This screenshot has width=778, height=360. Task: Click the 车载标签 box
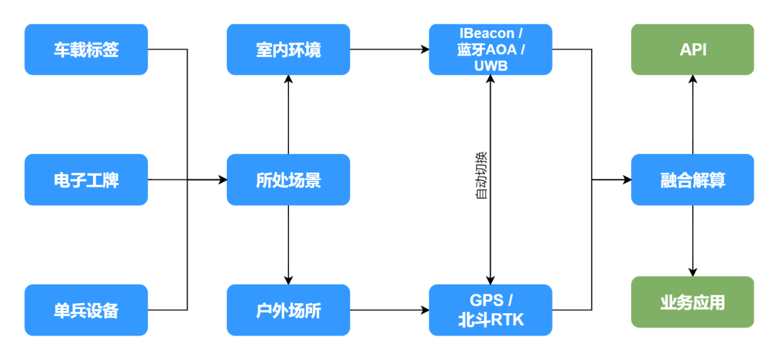point(86,50)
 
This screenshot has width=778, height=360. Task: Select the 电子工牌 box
point(86,179)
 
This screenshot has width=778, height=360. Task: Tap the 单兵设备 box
point(86,310)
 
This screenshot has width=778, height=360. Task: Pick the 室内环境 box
point(288,50)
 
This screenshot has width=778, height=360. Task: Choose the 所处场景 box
point(288,179)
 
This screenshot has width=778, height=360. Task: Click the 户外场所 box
point(288,310)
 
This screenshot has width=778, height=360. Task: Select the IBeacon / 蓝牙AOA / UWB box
point(491,50)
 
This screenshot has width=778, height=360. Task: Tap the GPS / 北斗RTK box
point(491,310)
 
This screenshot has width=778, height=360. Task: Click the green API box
point(692,50)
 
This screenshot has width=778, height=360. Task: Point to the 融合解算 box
point(692,179)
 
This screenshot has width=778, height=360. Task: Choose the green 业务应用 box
point(692,302)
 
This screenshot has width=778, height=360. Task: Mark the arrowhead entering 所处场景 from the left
point(222,179)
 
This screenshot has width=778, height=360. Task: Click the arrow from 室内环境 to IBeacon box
point(389,50)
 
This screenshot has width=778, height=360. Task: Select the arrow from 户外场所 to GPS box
point(389,310)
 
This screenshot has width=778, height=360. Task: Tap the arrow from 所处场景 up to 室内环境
point(288,115)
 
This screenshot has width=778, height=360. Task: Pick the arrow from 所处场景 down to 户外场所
point(288,245)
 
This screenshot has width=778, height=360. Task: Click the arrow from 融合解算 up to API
point(692,115)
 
